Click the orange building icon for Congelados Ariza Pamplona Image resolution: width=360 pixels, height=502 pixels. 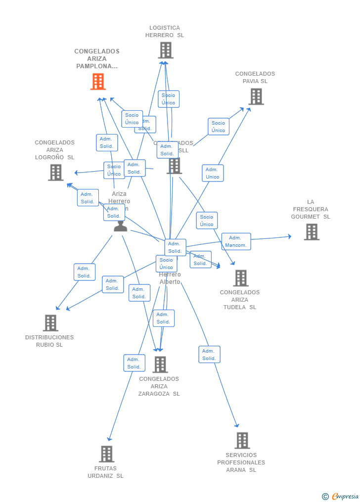tap(98, 82)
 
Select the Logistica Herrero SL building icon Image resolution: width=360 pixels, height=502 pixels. tap(166, 50)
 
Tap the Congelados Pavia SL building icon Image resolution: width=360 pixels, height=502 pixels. tap(256, 96)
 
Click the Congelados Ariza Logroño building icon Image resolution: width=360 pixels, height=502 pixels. tap(55, 172)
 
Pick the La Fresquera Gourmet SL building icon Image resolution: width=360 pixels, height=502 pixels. tap(311, 231)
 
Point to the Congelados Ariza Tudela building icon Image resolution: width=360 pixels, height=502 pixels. tap(241, 278)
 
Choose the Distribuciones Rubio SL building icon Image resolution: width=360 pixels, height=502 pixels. tap(50, 323)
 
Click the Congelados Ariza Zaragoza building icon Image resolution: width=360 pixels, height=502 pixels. tap(160, 365)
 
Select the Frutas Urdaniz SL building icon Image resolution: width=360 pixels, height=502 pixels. tap(106, 454)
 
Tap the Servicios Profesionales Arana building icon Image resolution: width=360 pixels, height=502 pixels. tap(242, 440)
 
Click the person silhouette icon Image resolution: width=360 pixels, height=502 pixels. tap(120, 226)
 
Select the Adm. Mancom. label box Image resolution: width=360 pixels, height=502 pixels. tap(236, 241)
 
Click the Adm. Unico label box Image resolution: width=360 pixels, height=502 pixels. tap(213, 173)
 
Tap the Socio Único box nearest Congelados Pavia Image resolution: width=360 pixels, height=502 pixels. tap(218, 127)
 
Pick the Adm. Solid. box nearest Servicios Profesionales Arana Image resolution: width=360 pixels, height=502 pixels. tap(209, 355)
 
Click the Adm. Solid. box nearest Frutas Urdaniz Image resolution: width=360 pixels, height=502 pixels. tap(134, 363)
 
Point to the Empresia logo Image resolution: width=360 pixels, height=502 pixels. tap(341, 496)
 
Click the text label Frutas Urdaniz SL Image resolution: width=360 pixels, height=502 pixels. tap(105, 472)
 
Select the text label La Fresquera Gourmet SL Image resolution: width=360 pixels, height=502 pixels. tap(311, 209)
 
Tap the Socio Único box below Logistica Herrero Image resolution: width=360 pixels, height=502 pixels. tap(168, 99)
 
